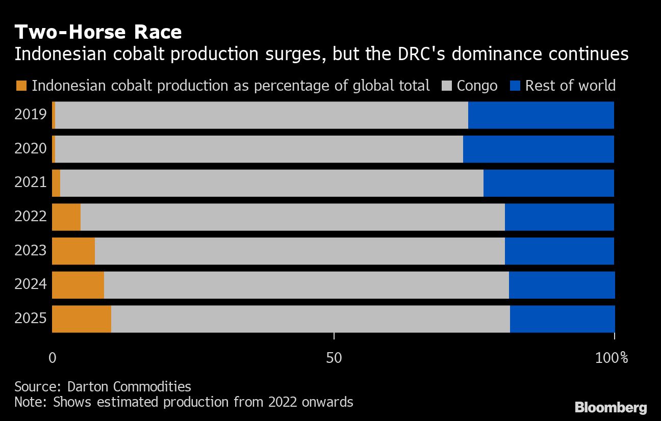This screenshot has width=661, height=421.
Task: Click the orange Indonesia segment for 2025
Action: click(82, 319)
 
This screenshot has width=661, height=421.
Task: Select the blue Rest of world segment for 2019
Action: click(541, 115)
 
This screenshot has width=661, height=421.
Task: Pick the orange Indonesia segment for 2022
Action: click(66, 217)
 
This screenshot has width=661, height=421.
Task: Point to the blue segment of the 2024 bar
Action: click(562, 285)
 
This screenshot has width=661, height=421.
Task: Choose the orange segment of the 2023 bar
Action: click(73, 251)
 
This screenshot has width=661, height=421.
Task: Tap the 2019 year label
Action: click(31, 115)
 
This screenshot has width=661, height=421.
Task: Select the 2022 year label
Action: click(31, 217)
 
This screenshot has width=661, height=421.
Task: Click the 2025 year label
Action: click(31, 319)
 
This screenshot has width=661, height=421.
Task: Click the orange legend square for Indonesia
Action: click(21, 86)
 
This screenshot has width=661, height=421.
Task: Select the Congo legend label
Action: click(477, 86)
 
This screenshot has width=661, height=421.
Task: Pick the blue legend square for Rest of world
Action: click(515, 86)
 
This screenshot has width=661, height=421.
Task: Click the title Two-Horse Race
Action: click(98, 33)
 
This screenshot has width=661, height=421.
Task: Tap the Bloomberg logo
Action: click(611, 407)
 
